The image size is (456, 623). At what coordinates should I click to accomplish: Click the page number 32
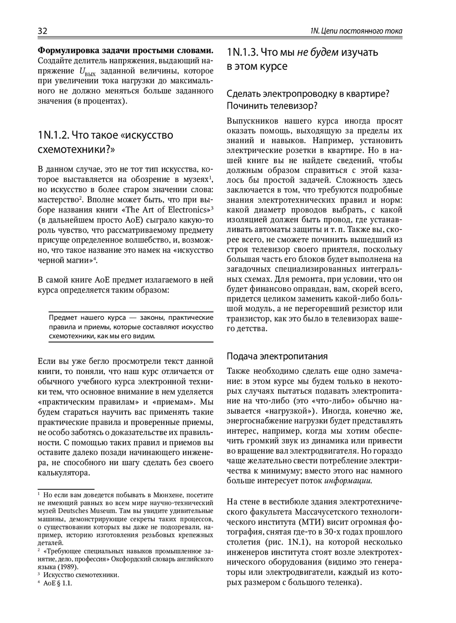click(x=42, y=31)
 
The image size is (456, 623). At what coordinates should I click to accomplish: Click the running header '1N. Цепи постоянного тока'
click(x=356, y=31)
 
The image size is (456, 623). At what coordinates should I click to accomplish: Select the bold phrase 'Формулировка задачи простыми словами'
click(x=125, y=50)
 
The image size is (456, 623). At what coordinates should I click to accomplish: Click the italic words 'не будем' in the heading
click(x=317, y=52)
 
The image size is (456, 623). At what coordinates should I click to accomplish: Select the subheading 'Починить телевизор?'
click(x=272, y=106)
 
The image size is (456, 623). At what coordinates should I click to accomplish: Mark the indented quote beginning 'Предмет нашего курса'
click(x=131, y=327)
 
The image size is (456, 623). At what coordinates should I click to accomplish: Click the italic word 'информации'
click(x=348, y=481)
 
